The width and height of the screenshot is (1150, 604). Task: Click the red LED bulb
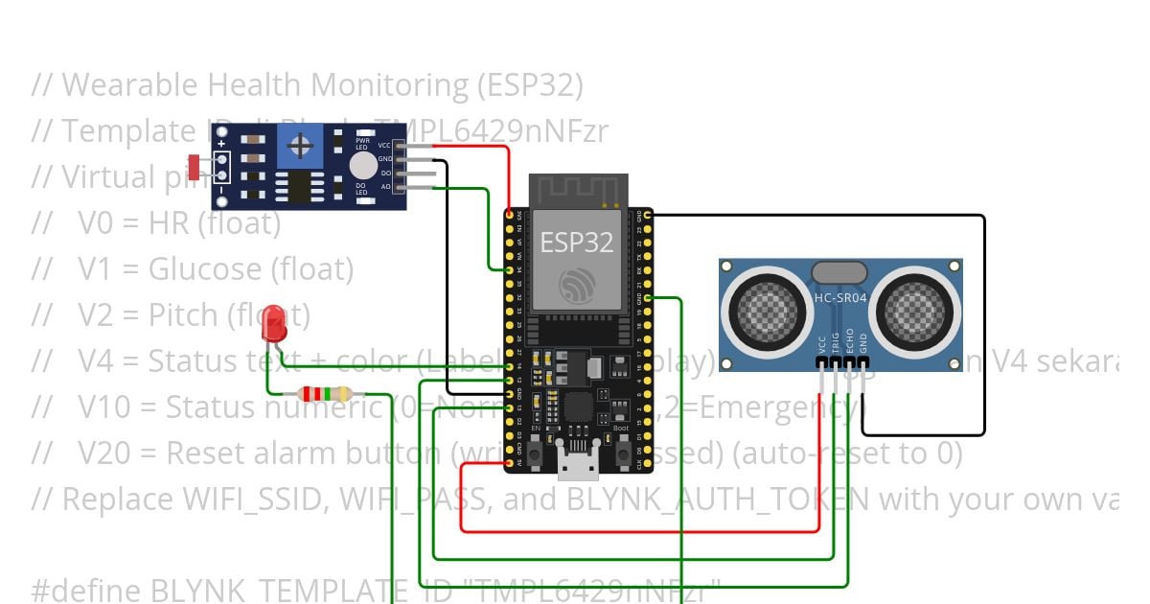point(274,322)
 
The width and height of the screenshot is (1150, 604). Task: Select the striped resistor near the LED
point(325,393)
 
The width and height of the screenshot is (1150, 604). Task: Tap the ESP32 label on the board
point(576,242)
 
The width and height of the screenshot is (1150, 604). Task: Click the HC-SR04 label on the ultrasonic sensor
point(839,297)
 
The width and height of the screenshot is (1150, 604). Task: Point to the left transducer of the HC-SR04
point(764,310)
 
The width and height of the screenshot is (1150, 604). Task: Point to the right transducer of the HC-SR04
point(916,310)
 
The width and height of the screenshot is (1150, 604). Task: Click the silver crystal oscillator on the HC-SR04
point(839,272)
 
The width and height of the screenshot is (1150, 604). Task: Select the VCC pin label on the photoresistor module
point(384,145)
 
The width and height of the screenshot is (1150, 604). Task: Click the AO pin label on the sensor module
point(385,187)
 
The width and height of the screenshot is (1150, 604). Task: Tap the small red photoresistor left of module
point(195,168)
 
